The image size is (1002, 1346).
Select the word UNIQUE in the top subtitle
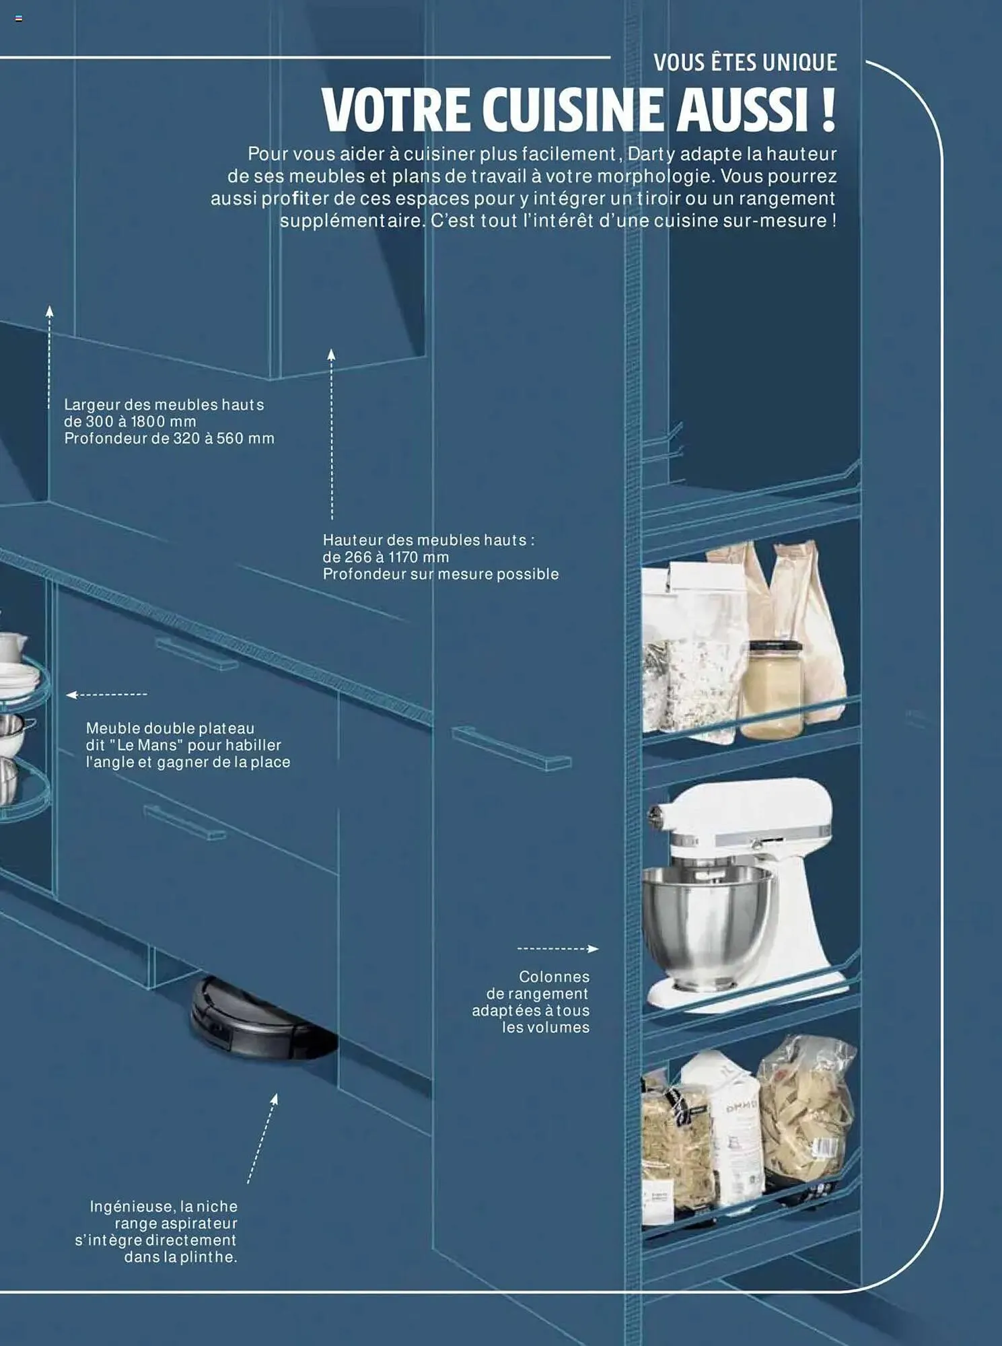[x=800, y=63]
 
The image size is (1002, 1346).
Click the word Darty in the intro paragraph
[x=651, y=155]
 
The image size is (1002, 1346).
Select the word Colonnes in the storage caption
[x=554, y=977]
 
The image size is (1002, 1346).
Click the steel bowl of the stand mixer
[x=707, y=925]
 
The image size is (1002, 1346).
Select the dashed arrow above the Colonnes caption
[x=557, y=949]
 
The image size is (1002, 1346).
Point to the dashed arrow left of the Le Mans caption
[x=106, y=695]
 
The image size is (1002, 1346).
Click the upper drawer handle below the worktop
[x=196, y=653]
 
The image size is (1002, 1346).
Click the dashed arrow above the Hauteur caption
[x=331, y=434]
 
